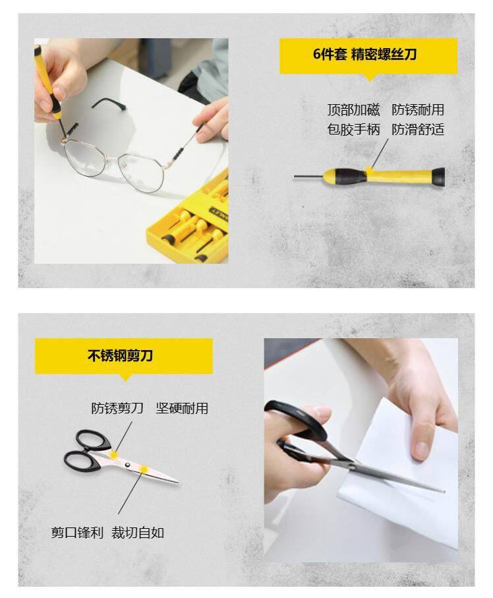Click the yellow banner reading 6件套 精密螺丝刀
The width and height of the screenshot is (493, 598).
coord(368,55)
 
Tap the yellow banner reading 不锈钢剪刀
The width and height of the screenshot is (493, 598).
coord(124,356)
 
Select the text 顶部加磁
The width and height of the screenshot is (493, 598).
coord(353,110)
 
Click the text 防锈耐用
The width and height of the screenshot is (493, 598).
coord(418,110)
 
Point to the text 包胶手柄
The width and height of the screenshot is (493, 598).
coord(353,130)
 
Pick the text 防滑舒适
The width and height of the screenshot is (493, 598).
coord(418,130)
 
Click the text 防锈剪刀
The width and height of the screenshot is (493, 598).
coord(117,409)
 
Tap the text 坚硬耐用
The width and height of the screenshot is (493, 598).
coord(182,409)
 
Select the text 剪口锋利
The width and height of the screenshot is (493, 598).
coord(77,533)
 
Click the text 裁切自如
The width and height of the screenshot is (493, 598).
coord(138,533)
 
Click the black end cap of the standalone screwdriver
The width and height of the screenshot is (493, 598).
coord(438,177)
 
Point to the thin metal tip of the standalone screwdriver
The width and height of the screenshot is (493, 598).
coord(308,177)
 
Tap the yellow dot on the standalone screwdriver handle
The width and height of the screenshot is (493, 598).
coord(368,169)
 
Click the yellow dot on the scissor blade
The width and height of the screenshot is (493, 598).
coord(144,469)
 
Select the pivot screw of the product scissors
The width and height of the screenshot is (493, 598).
coord(127,465)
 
